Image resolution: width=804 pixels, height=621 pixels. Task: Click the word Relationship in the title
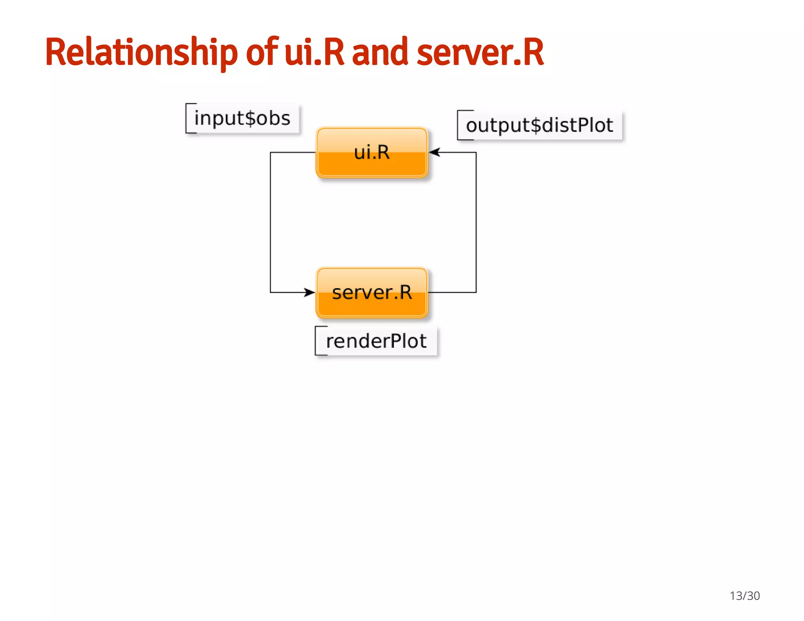[141, 52]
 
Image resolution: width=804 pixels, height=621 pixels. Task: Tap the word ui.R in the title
[314, 52]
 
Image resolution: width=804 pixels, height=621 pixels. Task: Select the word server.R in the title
[480, 52]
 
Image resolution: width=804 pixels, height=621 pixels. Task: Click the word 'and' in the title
[380, 52]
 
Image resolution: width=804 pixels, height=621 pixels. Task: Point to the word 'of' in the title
[262, 52]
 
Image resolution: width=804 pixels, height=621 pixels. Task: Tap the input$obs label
[242, 118]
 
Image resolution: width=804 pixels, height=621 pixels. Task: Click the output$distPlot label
[539, 126]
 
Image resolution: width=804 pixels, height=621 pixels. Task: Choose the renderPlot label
[376, 341]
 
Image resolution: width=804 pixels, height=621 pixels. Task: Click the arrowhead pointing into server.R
[310, 292]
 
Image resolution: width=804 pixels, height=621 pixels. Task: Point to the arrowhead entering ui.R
[434, 152]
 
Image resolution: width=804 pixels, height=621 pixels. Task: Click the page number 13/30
[744, 595]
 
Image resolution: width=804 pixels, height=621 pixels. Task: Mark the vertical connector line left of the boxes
[270, 222]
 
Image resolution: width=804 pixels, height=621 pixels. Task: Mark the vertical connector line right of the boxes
[476, 222]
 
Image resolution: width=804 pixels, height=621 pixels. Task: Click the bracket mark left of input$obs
[187, 118]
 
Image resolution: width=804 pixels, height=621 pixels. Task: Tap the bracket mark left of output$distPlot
[459, 125]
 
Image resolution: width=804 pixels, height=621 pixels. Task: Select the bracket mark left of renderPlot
[316, 340]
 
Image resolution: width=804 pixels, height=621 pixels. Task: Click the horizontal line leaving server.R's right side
[451, 292]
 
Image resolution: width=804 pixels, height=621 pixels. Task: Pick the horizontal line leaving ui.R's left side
[292, 152]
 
